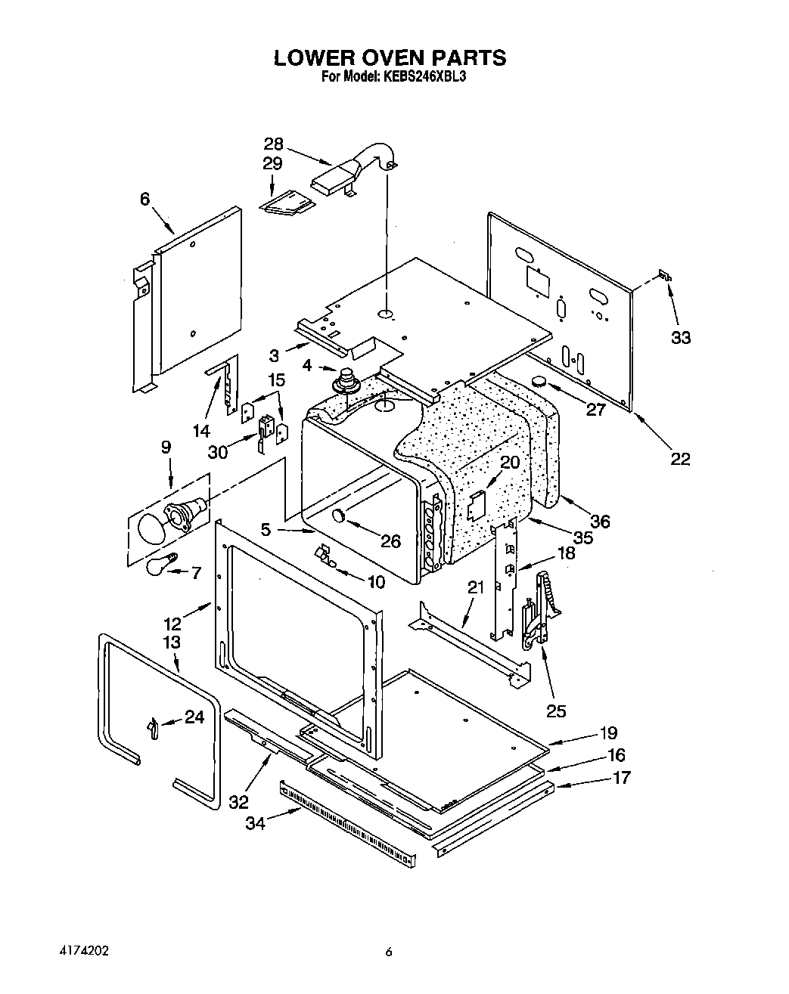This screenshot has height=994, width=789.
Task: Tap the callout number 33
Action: pos(681,337)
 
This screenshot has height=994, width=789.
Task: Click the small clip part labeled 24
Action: pos(153,727)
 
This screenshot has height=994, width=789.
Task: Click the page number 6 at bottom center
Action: pos(388,953)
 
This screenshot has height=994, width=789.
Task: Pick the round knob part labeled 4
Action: pos(348,378)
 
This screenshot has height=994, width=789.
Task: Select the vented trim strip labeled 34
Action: pos(348,820)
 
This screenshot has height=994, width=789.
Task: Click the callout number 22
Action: pos(680,458)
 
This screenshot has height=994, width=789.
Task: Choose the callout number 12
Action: pos(172,624)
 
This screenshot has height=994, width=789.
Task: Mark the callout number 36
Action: pos(600,521)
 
